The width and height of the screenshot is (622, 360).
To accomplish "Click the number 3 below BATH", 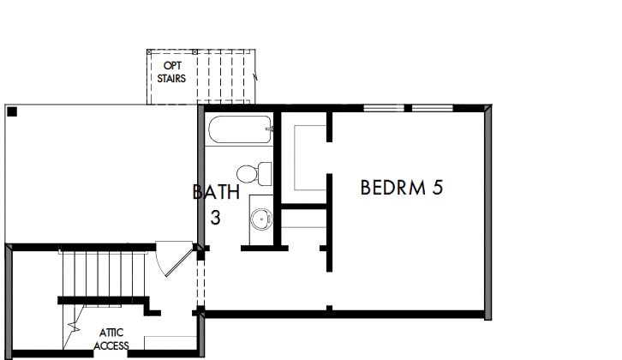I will click(x=216, y=218).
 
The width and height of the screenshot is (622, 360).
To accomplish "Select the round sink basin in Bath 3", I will click(x=260, y=219).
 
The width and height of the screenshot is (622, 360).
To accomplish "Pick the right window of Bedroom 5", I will click(x=432, y=107).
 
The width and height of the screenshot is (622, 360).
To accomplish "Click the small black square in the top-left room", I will click(x=12, y=111).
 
